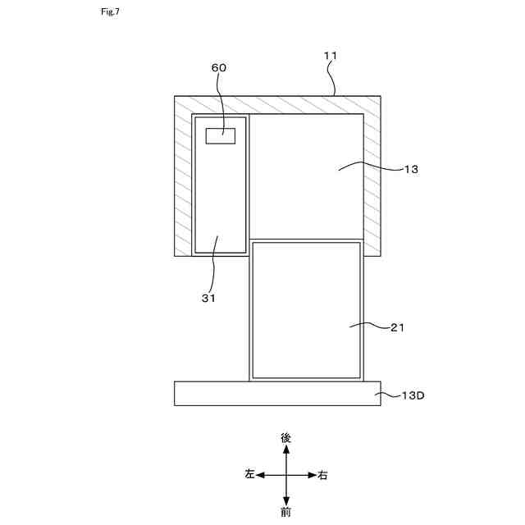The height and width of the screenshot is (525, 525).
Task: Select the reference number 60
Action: click(x=219, y=68)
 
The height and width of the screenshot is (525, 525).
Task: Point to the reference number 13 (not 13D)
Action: click(x=411, y=169)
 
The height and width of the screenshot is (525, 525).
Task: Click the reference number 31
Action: click(x=208, y=299)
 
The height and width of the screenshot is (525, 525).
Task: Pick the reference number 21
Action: click(x=398, y=327)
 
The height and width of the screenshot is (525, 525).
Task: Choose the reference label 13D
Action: click(x=413, y=395)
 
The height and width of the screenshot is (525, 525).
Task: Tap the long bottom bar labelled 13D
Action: click(x=277, y=393)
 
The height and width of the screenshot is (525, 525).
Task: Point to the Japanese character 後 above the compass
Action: click(x=286, y=438)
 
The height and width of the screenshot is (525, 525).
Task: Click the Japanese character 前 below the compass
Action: click(x=286, y=513)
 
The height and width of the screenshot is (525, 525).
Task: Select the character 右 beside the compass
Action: click(x=323, y=475)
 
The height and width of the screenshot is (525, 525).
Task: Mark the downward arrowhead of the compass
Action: click(x=286, y=500)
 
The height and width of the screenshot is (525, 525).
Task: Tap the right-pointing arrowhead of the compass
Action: click(x=312, y=475)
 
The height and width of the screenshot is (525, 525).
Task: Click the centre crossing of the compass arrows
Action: click(x=286, y=475)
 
